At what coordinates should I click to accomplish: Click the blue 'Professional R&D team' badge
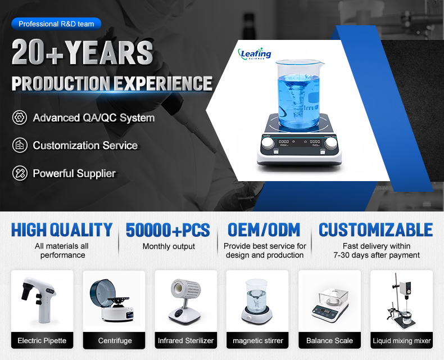click(56, 24)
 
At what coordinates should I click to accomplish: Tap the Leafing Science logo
click(255, 53)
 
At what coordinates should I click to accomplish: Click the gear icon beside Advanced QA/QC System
click(20, 118)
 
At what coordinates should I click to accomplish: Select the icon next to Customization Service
click(20, 145)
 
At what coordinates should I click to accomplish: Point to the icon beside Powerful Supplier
click(20, 173)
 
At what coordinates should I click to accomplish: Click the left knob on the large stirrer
click(268, 143)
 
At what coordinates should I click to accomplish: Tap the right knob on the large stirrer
click(330, 143)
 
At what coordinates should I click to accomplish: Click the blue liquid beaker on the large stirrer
click(299, 94)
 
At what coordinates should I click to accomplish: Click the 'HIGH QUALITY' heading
click(62, 229)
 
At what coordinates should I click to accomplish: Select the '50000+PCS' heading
click(167, 229)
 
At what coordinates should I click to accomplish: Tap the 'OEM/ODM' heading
click(264, 229)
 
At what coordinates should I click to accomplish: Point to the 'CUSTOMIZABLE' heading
click(376, 229)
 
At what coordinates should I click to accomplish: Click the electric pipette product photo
click(39, 300)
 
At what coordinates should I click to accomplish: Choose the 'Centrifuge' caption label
click(115, 340)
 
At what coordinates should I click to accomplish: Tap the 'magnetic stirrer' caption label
click(257, 340)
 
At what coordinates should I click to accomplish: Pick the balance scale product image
click(330, 305)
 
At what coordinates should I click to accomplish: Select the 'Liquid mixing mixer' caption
click(401, 340)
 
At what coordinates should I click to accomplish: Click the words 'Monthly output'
click(169, 246)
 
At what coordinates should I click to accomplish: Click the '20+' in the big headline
click(38, 52)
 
